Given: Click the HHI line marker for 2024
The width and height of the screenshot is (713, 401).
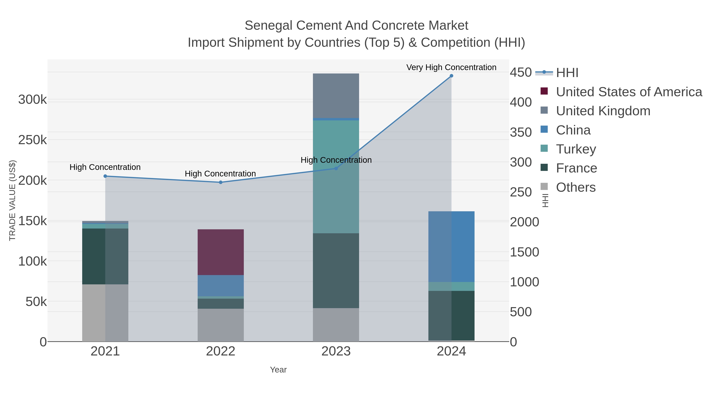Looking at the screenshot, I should [451, 76].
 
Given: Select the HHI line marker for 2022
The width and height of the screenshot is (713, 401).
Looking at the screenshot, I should [221, 182].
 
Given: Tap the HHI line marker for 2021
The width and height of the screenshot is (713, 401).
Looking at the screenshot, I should [105, 176].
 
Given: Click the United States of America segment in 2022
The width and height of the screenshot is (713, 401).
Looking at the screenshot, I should [221, 252].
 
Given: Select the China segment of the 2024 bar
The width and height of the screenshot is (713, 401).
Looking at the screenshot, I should [451, 247].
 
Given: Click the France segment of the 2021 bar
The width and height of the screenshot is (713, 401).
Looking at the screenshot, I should [105, 256].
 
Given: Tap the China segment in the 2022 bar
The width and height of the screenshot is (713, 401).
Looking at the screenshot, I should [221, 286].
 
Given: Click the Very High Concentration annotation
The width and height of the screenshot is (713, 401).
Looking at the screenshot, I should [451, 67].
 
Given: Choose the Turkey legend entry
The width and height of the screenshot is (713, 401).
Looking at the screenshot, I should [576, 149].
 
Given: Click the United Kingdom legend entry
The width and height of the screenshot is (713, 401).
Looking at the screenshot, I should [603, 111].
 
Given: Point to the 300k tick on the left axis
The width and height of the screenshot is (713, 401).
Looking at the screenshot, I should [32, 100].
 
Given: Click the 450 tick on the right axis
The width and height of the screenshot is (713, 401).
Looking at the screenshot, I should [521, 72].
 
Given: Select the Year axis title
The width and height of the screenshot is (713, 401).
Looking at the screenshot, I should [278, 370].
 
